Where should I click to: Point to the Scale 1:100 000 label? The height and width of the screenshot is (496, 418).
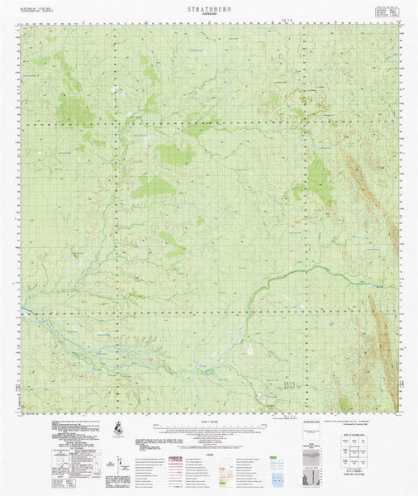208,420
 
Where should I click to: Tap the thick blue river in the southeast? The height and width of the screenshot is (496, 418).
273,281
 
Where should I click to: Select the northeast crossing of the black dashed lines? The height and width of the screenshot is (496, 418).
311,124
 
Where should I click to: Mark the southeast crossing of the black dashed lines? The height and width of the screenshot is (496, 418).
311,310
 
